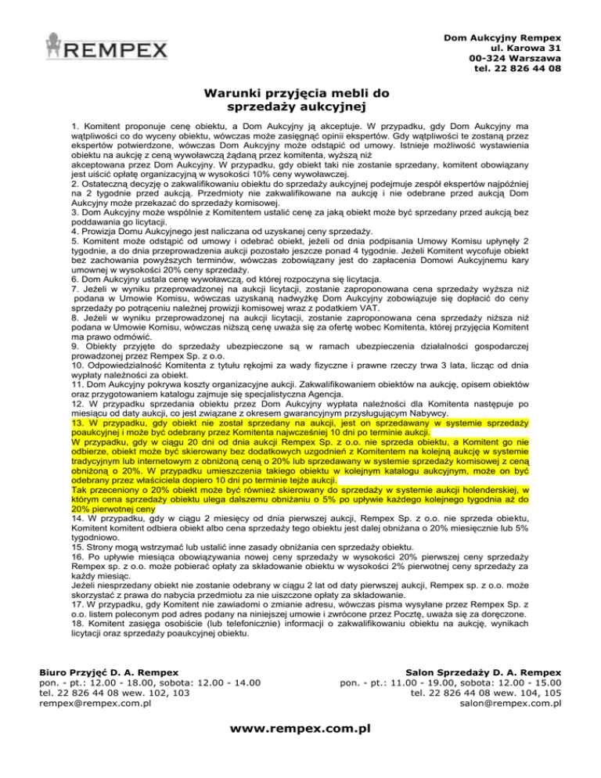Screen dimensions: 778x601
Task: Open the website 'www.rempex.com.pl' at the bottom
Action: point(300,729)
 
